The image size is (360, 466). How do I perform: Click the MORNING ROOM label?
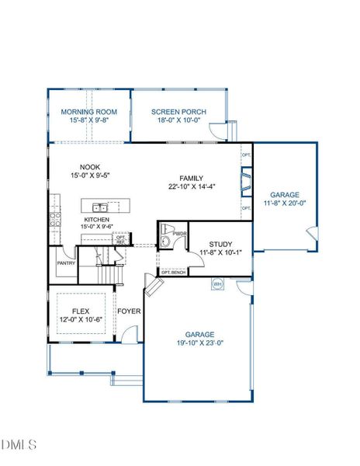point(88,113)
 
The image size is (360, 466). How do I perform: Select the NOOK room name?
point(90,166)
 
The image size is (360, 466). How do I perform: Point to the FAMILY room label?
point(191,178)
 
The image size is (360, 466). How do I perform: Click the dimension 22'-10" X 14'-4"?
point(191,186)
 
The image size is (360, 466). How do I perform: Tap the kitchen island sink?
point(99,207)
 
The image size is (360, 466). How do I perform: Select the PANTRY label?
point(65,263)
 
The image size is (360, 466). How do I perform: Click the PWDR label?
point(179,232)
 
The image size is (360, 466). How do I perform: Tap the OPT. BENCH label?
point(172,273)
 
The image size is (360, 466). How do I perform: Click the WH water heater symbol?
point(217,283)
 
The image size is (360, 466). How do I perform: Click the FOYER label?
point(128,311)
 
